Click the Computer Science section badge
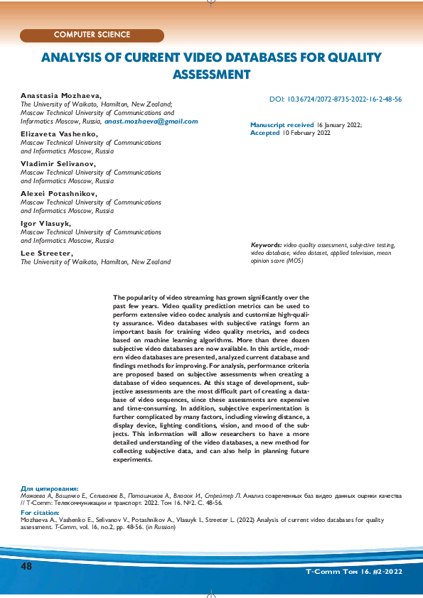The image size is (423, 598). coord(92,35)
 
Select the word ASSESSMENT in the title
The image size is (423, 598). coord(212,74)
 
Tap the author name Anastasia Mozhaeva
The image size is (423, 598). coord(61,94)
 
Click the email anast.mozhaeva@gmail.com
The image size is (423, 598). coord(151,121)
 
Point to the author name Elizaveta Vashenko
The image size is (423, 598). coord(59,134)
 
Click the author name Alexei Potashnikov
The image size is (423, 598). coord(59,193)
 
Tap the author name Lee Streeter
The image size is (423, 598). coord(46,253)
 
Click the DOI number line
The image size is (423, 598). coord(336,100)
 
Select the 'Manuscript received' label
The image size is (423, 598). coord(282,124)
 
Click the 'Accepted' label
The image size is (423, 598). coord(265,133)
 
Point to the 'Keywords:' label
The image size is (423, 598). coord(267,244)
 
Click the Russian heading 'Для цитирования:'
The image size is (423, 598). coord(50,489)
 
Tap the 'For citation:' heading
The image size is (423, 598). coord(41,512)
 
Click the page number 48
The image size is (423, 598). coord(27,566)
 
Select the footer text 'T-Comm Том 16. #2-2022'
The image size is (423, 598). coord(354,571)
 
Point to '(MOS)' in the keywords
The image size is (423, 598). coord(294,261)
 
